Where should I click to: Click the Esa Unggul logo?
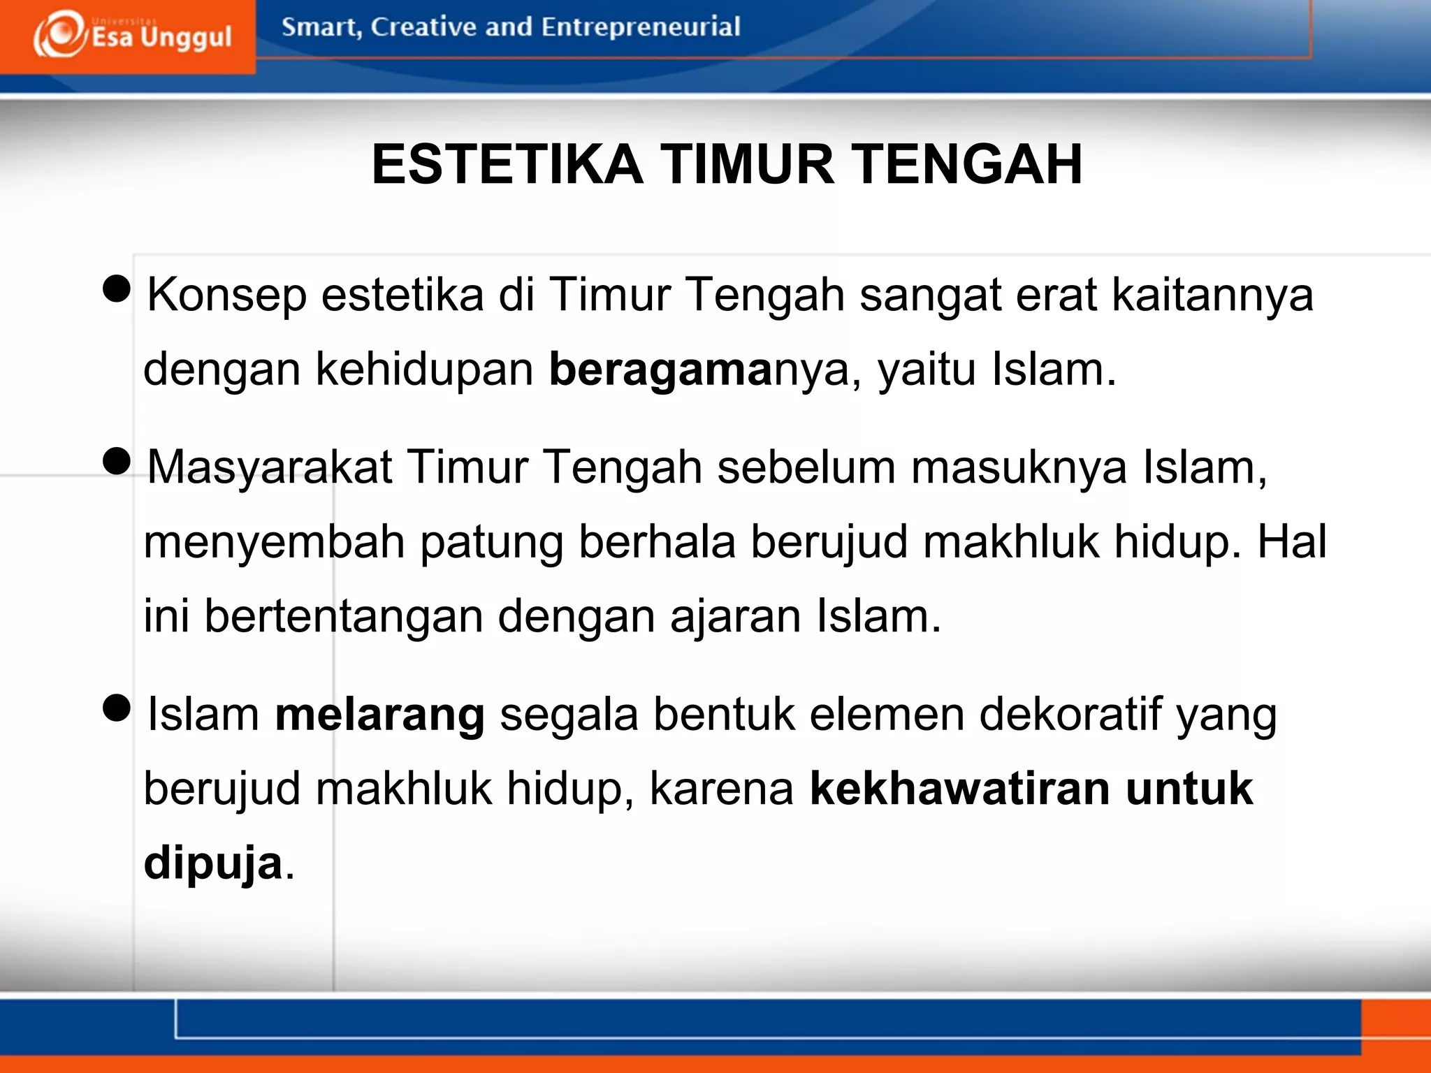click(x=131, y=35)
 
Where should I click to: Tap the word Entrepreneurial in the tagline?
click(x=640, y=27)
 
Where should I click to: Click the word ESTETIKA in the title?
click(x=507, y=165)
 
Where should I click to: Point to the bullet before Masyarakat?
click(x=117, y=460)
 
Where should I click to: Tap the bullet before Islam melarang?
click(x=117, y=707)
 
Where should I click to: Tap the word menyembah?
click(x=274, y=543)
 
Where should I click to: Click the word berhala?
click(x=657, y=543)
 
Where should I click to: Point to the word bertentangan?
click(x=343, y=617)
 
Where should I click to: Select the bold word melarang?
click(x=379, y=715)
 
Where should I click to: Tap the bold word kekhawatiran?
click(x=959, y=789)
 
